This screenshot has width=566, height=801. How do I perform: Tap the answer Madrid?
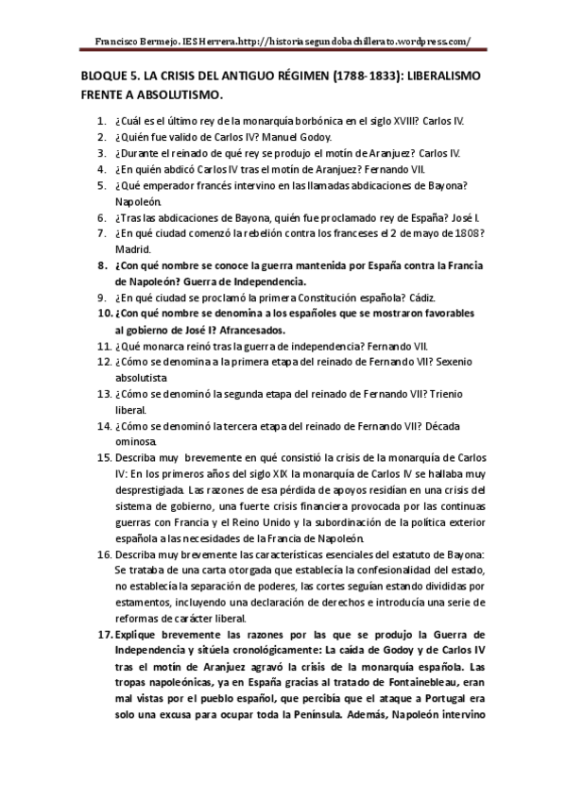point(132,248)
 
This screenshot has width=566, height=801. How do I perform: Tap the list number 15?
point(105,457)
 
